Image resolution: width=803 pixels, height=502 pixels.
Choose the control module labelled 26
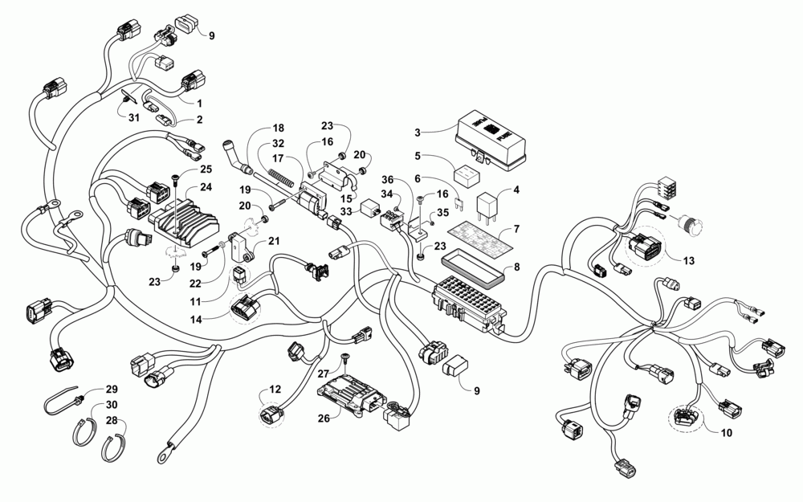click(350, 394)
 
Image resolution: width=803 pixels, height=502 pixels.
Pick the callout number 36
click(387, 179)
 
